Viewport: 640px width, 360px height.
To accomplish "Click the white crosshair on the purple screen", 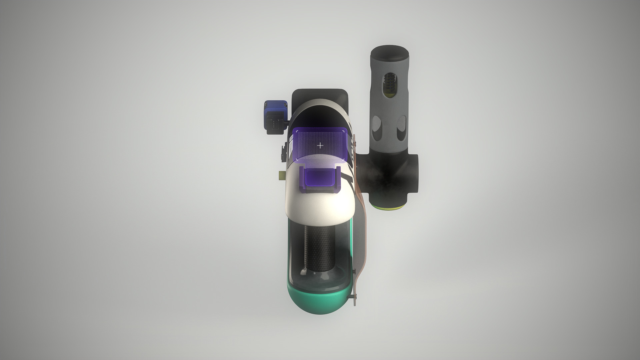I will click(320, 146).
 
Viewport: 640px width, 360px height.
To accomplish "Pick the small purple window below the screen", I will click(320, 177).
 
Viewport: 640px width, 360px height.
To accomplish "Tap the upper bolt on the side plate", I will click(356, 144).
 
